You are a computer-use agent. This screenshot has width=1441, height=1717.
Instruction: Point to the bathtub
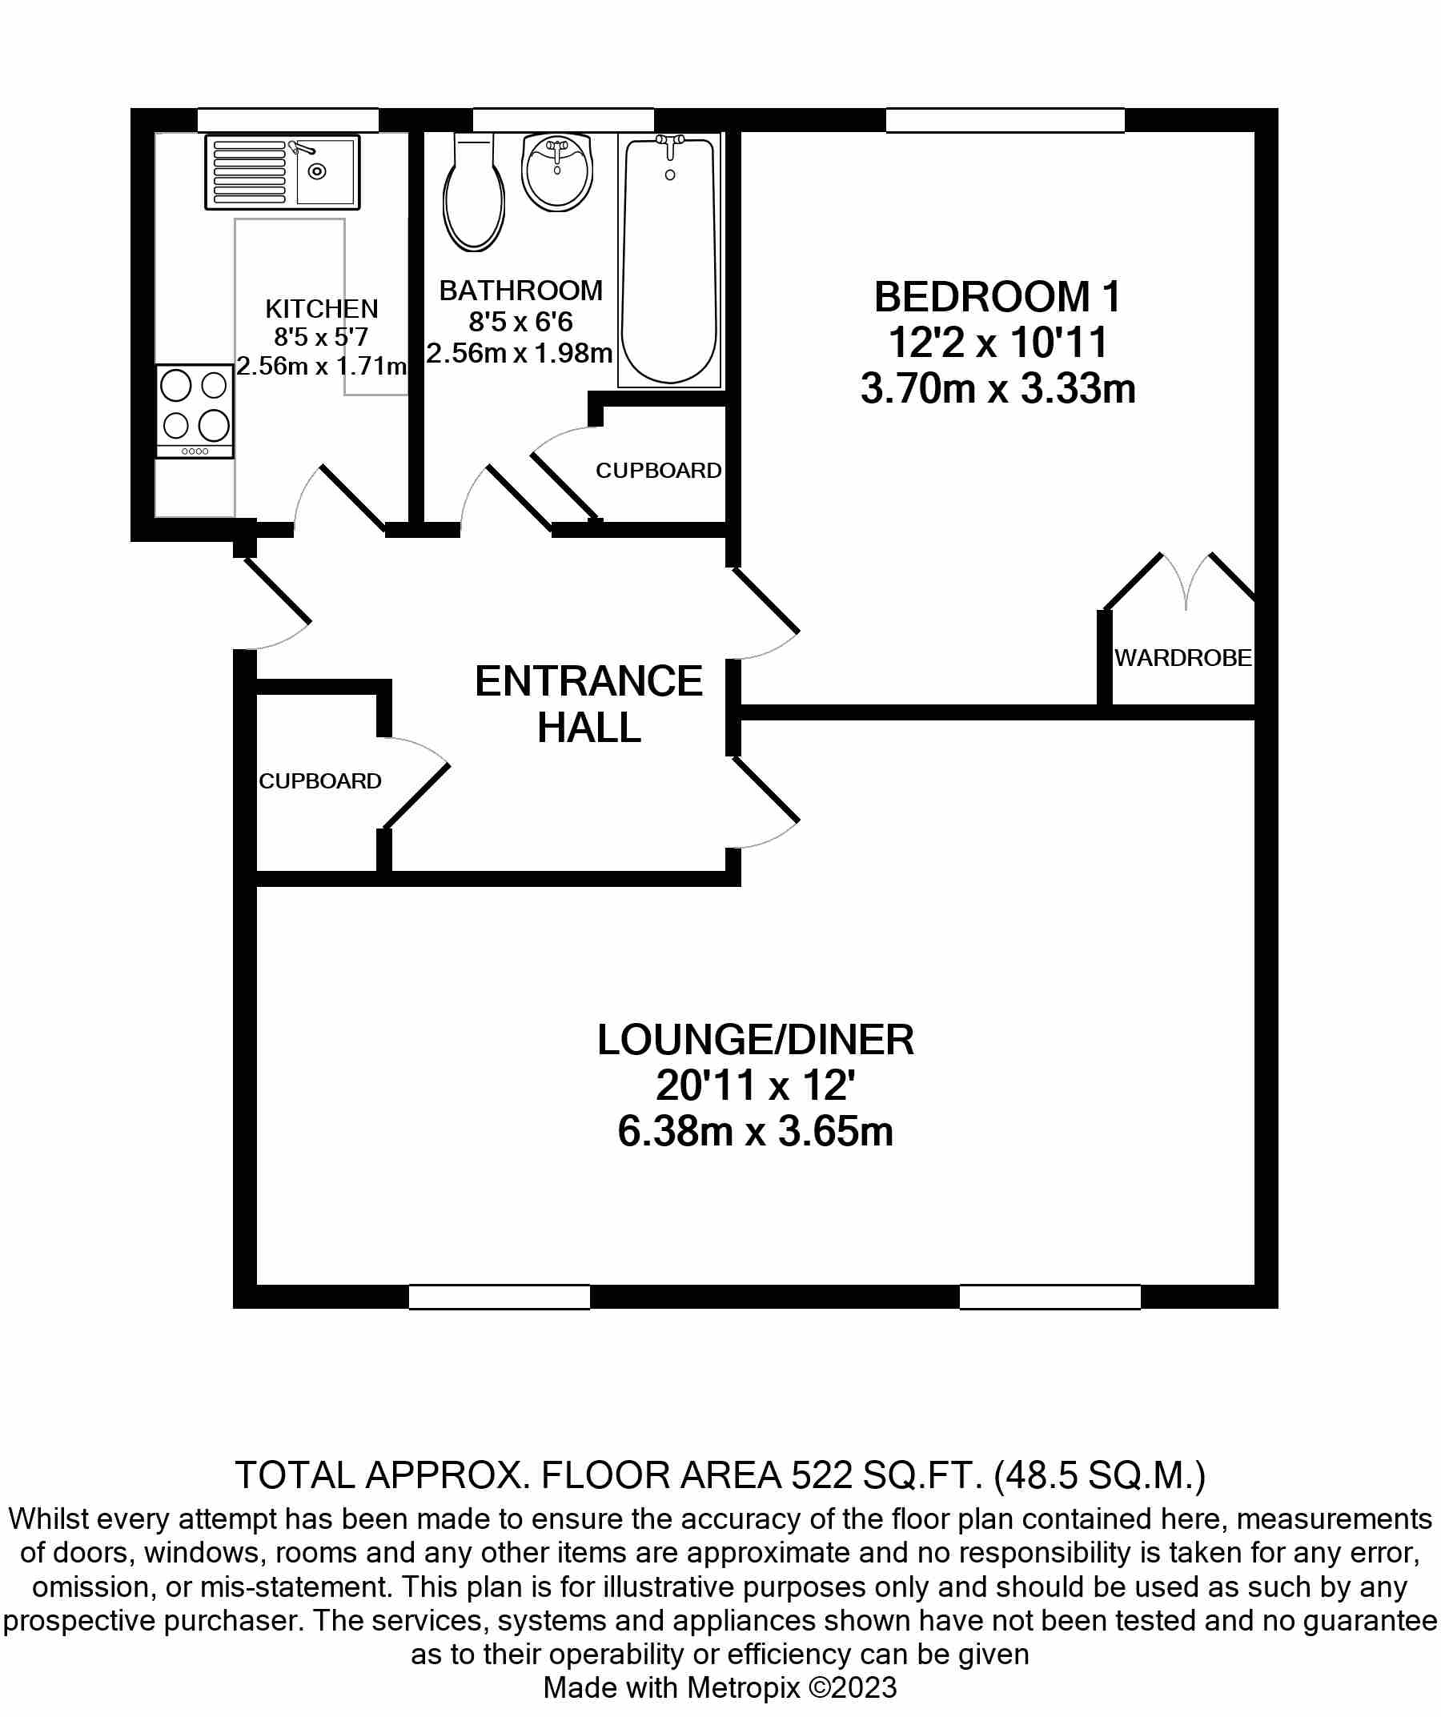pos(670,260)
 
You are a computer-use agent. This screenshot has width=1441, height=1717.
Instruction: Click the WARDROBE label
pos(1182,658)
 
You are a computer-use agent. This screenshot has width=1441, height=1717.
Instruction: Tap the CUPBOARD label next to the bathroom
pos(658,471)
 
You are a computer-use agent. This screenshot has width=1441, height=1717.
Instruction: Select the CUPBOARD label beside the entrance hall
pos(319,781)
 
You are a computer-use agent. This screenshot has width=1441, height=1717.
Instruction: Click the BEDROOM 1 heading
pos(997,298)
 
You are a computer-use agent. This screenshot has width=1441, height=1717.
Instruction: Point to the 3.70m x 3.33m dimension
pos(997,389)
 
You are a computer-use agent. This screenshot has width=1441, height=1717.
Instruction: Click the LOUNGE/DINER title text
pos(755,1040)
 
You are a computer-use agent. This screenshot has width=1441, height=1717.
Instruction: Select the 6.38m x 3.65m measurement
pos(755,1133)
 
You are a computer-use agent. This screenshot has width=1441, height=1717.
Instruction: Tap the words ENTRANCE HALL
pos(588,704)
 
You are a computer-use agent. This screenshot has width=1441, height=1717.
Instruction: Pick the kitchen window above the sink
pos(288,120)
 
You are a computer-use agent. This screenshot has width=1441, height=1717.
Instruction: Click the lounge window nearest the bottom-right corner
pos(1050,1298)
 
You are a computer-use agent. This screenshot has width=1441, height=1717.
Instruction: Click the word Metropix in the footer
pos(743,1687)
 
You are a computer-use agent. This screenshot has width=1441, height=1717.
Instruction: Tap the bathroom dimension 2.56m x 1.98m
pos(520,354)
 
